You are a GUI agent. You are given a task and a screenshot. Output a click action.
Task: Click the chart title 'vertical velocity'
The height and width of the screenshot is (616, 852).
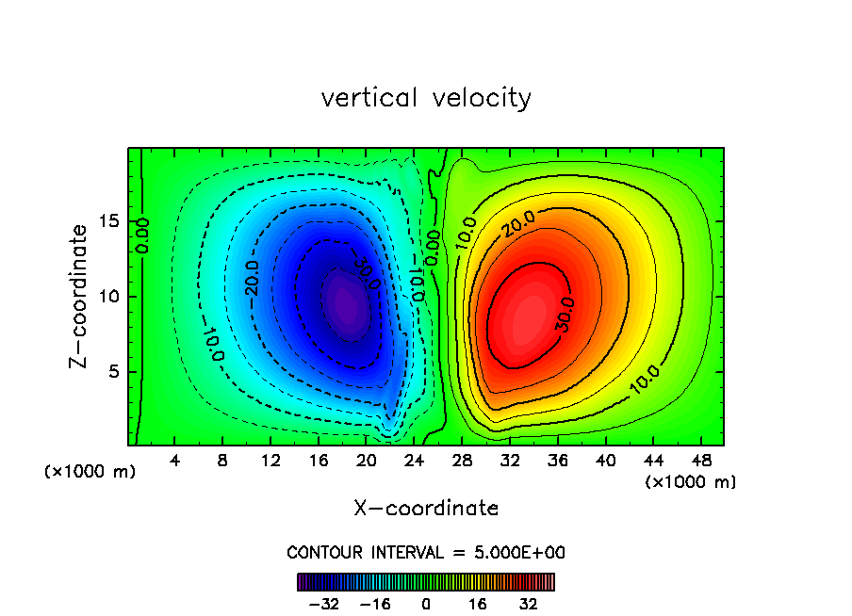click(x=426, y=98)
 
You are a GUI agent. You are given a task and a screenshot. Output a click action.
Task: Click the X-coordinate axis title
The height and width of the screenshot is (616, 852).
click(x=426, y=509)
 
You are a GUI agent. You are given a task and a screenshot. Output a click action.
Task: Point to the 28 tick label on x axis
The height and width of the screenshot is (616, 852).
click(x=462, y=461)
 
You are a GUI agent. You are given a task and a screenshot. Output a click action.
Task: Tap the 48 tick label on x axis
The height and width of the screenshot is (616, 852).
click(x=700, y=461)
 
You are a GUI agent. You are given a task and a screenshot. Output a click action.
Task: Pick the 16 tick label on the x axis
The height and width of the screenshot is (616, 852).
click(x=319, y=461)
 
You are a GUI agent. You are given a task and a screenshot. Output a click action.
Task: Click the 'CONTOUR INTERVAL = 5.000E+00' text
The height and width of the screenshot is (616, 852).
click(x=426, y=552)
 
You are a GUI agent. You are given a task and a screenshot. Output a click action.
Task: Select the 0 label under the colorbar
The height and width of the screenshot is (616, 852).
click(x=426, y=604)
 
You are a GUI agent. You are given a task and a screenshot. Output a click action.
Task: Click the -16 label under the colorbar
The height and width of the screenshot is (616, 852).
click(x=375, y=604)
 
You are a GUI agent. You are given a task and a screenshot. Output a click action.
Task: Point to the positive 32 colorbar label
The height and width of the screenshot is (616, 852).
click(x=528, y=604)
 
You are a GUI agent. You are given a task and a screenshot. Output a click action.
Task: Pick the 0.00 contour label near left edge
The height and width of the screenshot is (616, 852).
click(x=142, y=235)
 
